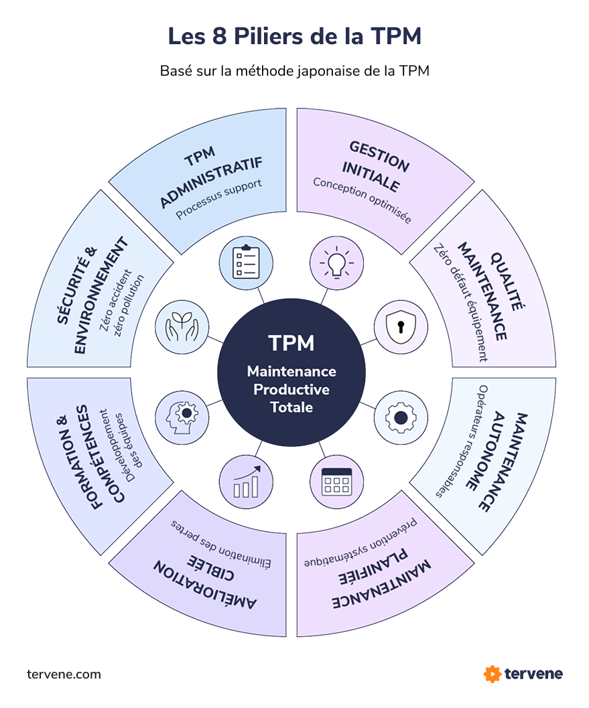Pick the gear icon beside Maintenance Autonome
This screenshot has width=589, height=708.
[400, 417]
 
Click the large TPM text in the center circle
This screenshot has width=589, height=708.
[291, 343]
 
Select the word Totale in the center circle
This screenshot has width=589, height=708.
[291, 407]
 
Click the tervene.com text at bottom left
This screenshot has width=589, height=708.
[64, 674]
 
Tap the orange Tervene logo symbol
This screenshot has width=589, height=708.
[493, 673]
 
